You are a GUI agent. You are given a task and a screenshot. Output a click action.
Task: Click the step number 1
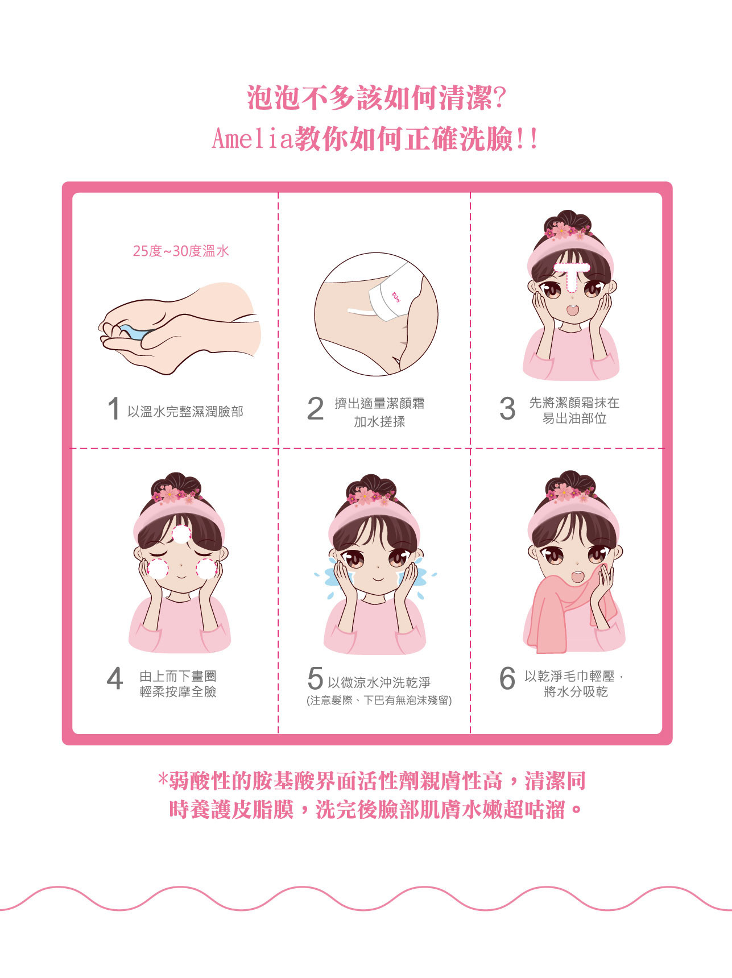(x=114, y=408)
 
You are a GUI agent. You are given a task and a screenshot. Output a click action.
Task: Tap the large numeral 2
(x=315, y=408)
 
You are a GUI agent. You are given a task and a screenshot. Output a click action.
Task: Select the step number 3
(x=507, y=408)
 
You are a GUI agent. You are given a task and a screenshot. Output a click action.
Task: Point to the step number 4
(x=115, y=678)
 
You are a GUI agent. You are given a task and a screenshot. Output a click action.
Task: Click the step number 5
(x=315, y=678)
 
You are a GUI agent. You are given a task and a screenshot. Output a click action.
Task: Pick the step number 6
(x=507, y=678)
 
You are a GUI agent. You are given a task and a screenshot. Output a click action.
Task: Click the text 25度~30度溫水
(x=181, y=251)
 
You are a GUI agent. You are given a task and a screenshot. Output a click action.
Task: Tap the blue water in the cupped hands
(x=135, y=333)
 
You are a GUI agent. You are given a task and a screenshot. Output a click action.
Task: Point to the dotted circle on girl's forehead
(x=181, y=534)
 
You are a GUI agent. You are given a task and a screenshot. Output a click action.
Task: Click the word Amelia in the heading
(x=252, y=139)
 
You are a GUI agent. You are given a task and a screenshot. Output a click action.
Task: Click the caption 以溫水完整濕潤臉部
(x=185, y=412)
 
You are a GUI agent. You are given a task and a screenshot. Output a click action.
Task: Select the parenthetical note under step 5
(x=379, y=701)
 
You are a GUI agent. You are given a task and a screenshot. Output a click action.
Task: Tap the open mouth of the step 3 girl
(x=572, y=310)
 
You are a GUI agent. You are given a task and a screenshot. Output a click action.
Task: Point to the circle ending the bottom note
(x=576, y=809)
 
